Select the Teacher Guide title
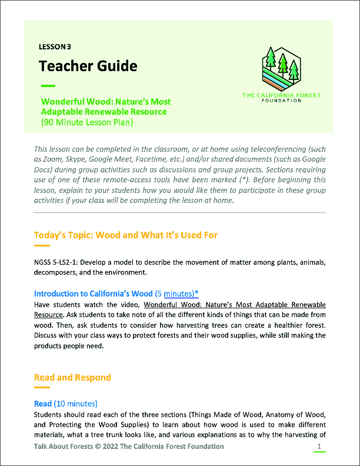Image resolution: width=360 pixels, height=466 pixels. click(88, 65)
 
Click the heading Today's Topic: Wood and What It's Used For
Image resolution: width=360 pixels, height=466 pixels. click(126, 235)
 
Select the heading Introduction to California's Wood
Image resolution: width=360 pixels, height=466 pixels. click(93, 293)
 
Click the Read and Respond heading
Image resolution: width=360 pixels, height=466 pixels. click(72, 377)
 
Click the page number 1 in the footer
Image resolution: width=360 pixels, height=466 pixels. click(319, 447)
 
